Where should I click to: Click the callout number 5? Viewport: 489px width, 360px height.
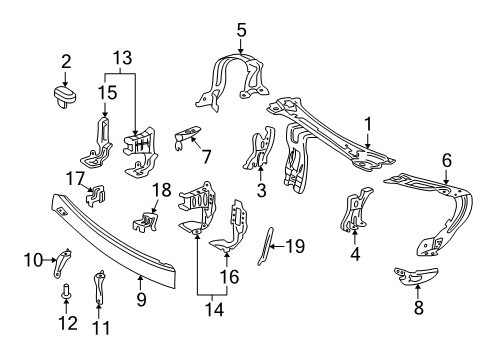pos(242,30)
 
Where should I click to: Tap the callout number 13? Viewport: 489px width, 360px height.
pos(123,58)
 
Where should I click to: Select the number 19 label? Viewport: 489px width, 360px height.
pos(295,246)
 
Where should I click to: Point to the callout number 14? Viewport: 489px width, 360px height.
pos(214,309)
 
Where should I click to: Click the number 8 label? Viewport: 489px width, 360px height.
pos(419,307)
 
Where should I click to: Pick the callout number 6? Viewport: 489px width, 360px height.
pos(447,160)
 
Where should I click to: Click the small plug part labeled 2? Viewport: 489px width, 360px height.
pos(65,97)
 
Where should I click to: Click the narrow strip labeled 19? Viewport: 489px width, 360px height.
pos(265,247)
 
